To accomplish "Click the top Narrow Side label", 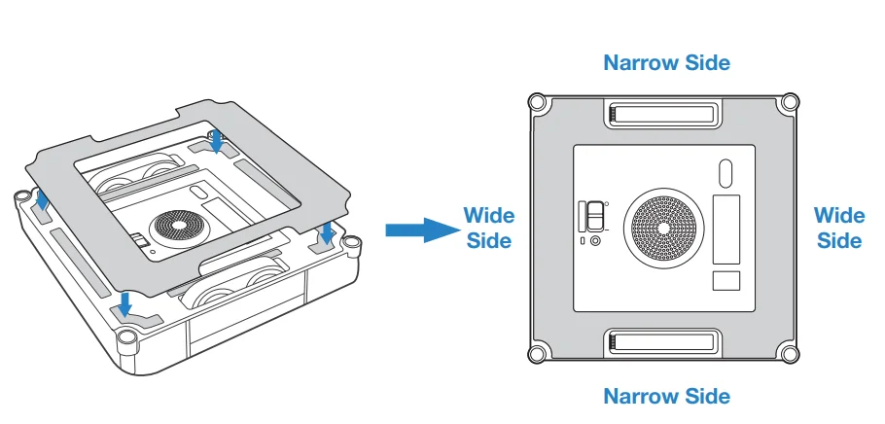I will tap(666, 63).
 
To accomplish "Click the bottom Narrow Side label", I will tap(666, 396).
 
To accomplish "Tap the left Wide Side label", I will tap(488, 228).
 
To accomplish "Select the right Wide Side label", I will tap(838, 228).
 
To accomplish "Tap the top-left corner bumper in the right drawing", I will tap(537, 101).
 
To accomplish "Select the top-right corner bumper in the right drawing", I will tap(791, 101).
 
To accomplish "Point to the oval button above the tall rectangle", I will tap(725, 173).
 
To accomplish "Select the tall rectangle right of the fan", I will tap(726, 229).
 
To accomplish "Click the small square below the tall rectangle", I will tap(726, 281).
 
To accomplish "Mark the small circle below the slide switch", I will tap(595, 240).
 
